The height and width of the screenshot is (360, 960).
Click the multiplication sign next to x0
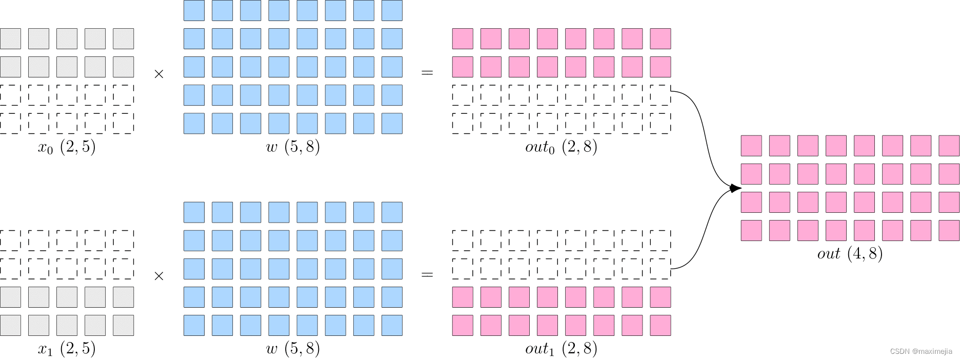tap(159, 74)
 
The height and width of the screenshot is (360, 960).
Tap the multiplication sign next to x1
tap(159, 276)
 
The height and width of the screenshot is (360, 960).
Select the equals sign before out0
tap(427, 73)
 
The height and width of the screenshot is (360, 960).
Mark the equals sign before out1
tap(427, 275)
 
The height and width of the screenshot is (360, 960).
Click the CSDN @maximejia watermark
tap(921, 351)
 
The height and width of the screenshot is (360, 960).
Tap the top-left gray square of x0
tap(10, 39)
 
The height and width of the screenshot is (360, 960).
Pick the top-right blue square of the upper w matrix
tap(392, 11)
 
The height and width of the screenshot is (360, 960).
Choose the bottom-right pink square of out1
tap(661, 325)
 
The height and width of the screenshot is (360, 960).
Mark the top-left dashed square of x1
tap(10, 241)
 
